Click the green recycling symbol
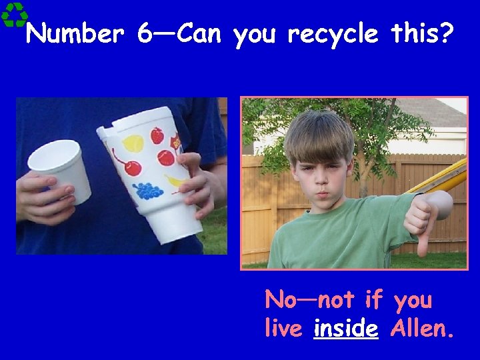[x=14, y=14]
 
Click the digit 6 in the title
[x=145, y=33]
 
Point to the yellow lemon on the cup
[x=133, y=143]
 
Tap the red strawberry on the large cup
[x=157, y=136]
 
